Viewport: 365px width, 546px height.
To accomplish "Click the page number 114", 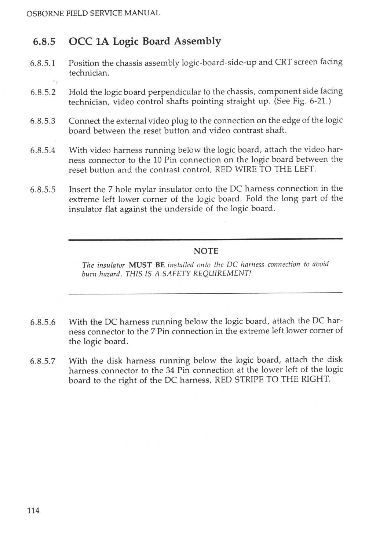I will coord(33,510).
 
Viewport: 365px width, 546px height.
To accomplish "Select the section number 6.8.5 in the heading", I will coord(44,41).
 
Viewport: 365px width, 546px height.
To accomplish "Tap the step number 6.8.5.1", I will coord(43,63).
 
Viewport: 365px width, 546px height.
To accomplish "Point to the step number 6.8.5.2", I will coord(43,92).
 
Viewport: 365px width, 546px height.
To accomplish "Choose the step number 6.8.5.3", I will coord(43,121).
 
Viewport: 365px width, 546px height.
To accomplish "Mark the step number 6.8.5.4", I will coord(43,150).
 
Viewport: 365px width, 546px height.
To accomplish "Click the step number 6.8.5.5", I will coord(43,190).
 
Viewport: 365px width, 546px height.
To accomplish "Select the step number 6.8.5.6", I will coord(43,322).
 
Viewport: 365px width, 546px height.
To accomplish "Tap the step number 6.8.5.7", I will coord(43,361).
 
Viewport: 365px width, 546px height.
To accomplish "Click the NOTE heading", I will coord(206,251).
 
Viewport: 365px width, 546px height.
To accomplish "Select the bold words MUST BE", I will coord(147,265).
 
